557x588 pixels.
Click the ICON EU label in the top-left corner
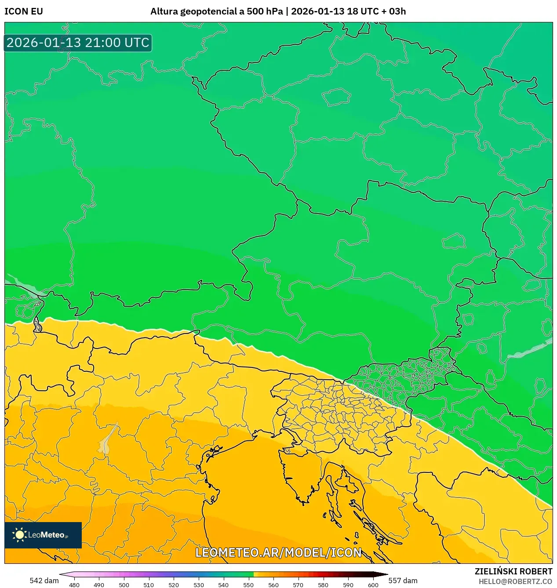(x=24, y=11)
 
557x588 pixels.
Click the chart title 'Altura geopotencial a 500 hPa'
(x=216, y=11)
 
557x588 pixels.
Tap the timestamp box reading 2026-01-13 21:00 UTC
(x=78, y=43)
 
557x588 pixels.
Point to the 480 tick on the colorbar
(x=74, y=585)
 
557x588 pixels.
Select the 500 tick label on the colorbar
(x=124, y=585)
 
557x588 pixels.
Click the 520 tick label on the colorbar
(x=174, y=585)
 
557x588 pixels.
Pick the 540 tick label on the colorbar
(x=223, y=585)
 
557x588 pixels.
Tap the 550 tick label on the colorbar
(x=248, y=585)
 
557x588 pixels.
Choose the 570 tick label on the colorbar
(x=298, y=585)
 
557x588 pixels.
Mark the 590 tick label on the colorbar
(x=348, y=585)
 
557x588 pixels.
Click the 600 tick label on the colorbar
(x=373, y=585)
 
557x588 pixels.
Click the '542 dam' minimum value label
(x=44, y=581)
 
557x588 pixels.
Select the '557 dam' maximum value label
(x=403, y=581)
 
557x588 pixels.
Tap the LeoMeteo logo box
(x=43, y=535)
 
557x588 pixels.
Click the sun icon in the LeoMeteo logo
(x=19, y=535)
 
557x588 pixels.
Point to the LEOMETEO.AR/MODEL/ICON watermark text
(x=278, y=552)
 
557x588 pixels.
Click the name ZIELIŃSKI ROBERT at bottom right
(x=513, y=571)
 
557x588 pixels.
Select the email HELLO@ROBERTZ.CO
(x=515, y=581)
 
